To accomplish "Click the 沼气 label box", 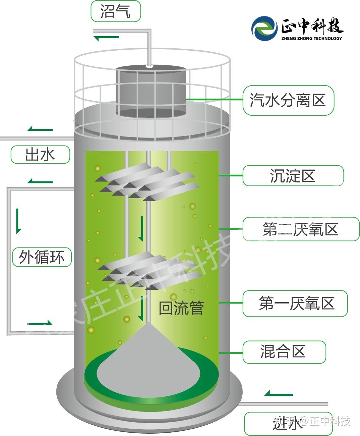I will tap(116, 11).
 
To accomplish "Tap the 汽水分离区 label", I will tap(288, 100).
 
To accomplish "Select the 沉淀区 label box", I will tap(293, 175).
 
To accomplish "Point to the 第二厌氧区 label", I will tap(301, 229).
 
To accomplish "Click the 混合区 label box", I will tap(284, 352).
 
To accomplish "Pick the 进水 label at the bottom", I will tap(288, 424).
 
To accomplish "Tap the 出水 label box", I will tap(40, 155).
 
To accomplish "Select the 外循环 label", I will tap(42, 257).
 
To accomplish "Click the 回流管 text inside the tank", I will tap(181, 308).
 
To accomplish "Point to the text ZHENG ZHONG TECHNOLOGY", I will tap(312, 39).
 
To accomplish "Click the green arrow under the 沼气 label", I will tap(106, 38).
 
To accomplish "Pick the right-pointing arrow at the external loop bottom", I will tap(40, 323).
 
